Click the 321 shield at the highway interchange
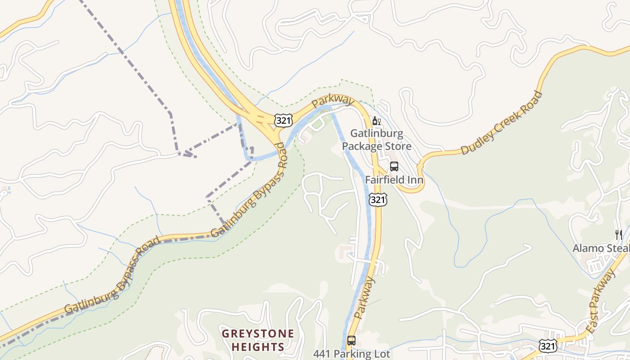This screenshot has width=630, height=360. (x=283, y=120)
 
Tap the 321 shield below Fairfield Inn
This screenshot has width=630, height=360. (x=378, y=199)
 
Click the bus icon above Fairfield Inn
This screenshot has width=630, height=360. (x=394, y=166)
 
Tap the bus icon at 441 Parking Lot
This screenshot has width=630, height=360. (x=351, y=341)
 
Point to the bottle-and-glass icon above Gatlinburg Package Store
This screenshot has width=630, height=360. (x=377, y=121)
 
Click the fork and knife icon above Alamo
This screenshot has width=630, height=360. (x=619, y=234)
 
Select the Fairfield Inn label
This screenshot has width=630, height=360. (x=394, y=180)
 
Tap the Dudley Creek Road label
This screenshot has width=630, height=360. (x=502, y=123)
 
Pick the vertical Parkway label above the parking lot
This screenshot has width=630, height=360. (x=364, y=298)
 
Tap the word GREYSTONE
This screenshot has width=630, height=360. (x=258, y=334)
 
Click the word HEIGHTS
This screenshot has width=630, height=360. (x=258, y=347)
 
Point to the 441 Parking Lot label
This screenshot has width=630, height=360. (x=351, y=354)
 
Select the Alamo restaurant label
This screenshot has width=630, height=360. (x=601, y=248)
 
